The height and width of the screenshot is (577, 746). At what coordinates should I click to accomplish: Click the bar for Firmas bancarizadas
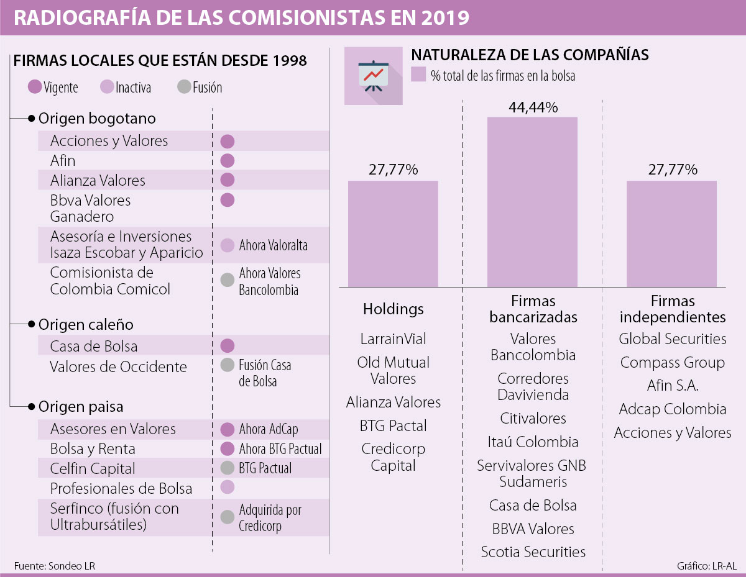[532, 201]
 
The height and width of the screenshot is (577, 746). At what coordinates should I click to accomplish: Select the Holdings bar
[393, 234]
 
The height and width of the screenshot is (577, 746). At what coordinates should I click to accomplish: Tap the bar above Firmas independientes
[671, 234]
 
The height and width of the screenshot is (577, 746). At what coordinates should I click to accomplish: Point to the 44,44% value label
[533, 107]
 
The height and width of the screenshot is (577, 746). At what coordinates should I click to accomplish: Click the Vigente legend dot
[35, 87]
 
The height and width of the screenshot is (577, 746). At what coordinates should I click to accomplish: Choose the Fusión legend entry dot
[183, 87]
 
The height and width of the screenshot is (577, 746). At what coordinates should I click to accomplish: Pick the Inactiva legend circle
[107, 87]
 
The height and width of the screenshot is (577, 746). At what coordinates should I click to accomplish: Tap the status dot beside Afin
[228, 161]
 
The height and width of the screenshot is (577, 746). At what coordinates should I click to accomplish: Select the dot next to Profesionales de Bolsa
[228, 488]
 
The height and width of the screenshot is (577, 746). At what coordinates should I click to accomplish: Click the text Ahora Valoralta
[273, 245]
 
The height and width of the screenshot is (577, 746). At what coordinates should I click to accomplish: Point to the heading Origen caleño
[86, 325]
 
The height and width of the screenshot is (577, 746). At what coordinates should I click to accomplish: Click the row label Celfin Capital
[93, 468]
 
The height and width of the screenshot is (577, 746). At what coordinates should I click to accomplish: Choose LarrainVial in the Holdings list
[393, 339]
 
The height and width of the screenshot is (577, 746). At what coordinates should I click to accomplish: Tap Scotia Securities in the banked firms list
[533, 552]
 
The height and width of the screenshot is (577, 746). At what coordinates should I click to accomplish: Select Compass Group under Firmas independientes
[672, 362]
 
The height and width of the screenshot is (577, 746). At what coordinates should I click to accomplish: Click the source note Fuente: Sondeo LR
[55, 566]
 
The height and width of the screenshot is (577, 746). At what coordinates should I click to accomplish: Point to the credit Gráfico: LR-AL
[707, 566]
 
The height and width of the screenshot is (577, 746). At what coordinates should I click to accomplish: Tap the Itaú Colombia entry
[533, 442]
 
